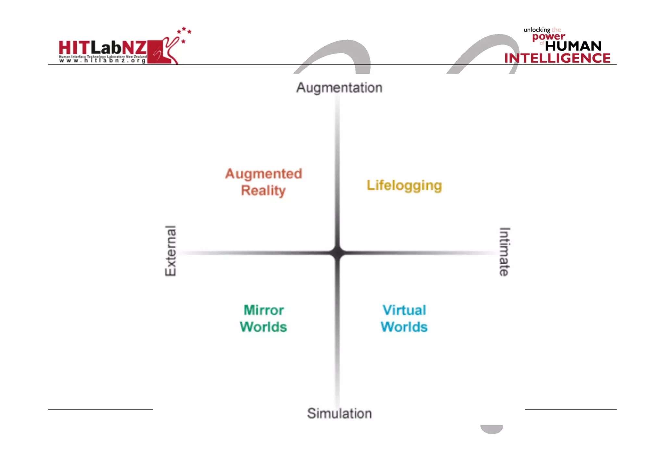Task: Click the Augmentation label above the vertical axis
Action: [339, 88]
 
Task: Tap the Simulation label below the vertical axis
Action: [339, 413]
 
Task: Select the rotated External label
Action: [170, 251]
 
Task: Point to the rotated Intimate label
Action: [504, 252]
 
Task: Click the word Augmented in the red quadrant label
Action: [264, 174]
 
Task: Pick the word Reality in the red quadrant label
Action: [263, 191]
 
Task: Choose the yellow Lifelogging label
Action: [404, 185]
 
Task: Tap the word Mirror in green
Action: [264, 310]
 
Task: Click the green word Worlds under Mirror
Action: [263, 327]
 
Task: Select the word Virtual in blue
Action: [404, 310]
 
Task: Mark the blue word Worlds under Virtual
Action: [404, 327]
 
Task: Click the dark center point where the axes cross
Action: [338, 253]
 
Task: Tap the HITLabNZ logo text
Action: [103, 48]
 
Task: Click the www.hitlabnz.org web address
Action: [102, 61]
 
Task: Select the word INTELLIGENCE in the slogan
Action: [557, 58]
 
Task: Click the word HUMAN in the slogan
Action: [573, 46]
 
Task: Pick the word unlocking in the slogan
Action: [537, 30]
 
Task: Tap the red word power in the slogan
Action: [549, 37]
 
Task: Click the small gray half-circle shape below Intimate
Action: [492, 429]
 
